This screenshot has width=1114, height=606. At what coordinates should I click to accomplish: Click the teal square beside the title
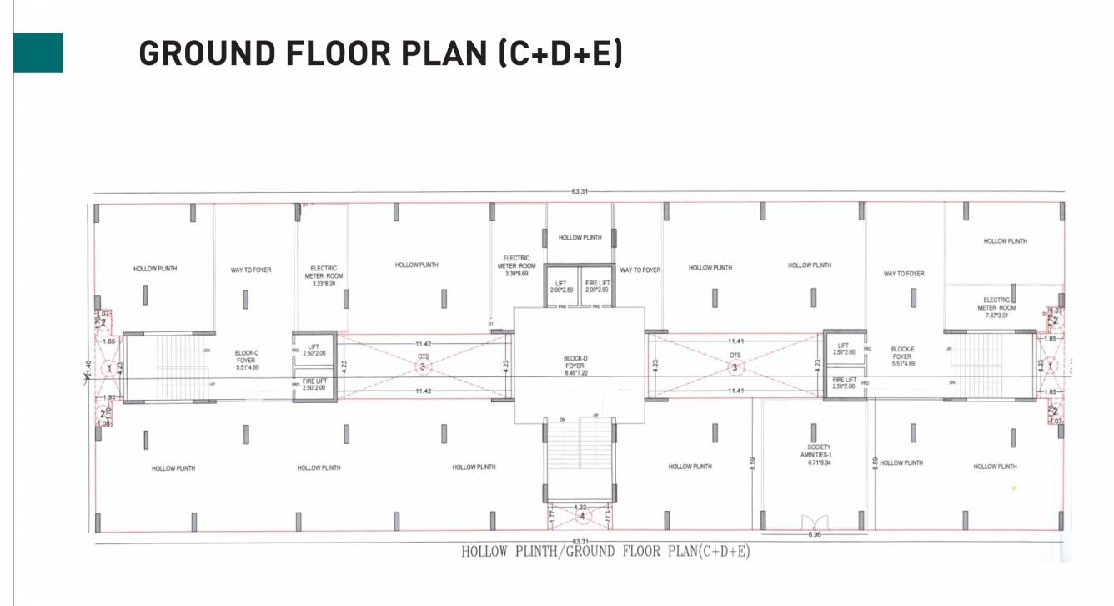pos(38,53)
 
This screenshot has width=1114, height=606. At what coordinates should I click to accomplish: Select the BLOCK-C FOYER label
pos(246,360)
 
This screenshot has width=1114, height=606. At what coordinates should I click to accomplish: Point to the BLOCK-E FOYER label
pos(903,356)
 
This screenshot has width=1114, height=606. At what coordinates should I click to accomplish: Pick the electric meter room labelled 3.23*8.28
pos(322,276)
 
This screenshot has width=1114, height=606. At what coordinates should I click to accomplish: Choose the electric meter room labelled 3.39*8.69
pos(517,265)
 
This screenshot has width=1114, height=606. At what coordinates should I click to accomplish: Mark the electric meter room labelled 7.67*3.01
pos(996,307)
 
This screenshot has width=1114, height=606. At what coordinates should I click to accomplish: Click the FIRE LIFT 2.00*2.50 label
pos(597,286)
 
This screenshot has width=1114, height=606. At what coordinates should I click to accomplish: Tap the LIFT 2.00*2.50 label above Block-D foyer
pos(560,286)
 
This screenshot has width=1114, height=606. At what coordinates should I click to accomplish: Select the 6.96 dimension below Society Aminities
pos(815,535)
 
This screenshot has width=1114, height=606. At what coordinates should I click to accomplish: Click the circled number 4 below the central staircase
pos(581,517)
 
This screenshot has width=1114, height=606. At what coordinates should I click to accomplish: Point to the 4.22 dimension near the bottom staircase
pos(580,507)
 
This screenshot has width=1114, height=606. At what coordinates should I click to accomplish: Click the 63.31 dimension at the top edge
pos(580,192)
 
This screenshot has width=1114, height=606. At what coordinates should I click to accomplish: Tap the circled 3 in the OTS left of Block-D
pos(423,366)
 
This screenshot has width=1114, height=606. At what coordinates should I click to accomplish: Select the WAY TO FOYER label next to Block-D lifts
pos(640,270)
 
